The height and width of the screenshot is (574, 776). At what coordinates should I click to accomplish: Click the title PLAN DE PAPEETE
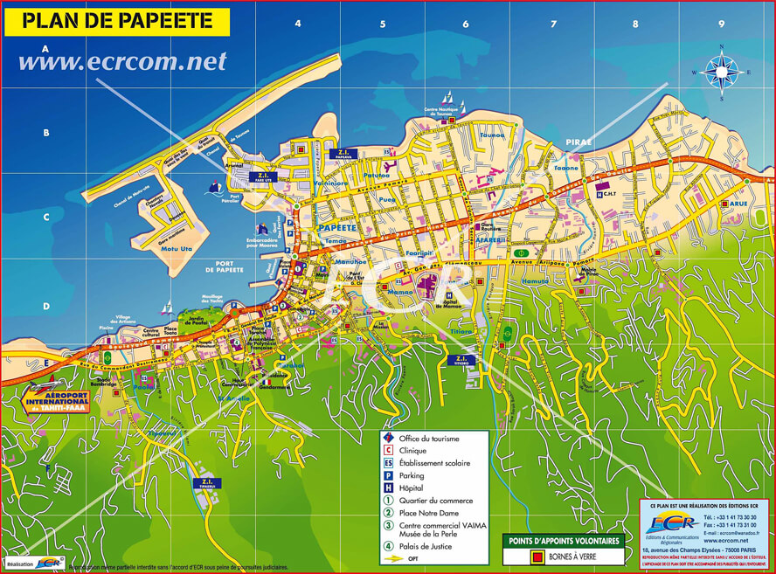(x=116, y=22)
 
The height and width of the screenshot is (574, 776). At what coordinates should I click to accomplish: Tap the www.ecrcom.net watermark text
(x=122, y=61)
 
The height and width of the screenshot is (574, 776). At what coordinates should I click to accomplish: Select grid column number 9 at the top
(x=721, y=24)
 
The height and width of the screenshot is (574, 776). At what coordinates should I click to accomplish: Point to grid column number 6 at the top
(x=465, y=24)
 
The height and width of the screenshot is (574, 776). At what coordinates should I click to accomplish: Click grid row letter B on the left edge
(x=45, y=134)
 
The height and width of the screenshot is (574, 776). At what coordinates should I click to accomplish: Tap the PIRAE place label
(x=579, y=141)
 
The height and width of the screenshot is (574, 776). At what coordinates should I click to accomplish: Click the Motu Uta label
(x=178, y=250)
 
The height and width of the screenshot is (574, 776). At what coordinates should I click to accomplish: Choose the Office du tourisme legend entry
(x=428, y=438)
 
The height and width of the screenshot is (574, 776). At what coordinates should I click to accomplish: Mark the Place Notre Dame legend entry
(x=428, y=513)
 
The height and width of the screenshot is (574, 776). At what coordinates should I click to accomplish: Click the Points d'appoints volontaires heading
(x=563, y=541)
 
